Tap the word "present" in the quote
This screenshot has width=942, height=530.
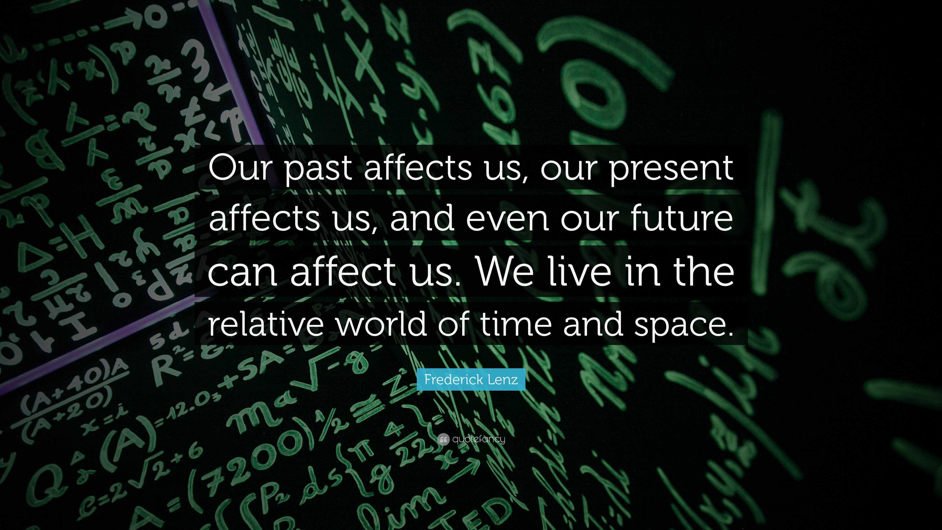671,169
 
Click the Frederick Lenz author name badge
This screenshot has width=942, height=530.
471,380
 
